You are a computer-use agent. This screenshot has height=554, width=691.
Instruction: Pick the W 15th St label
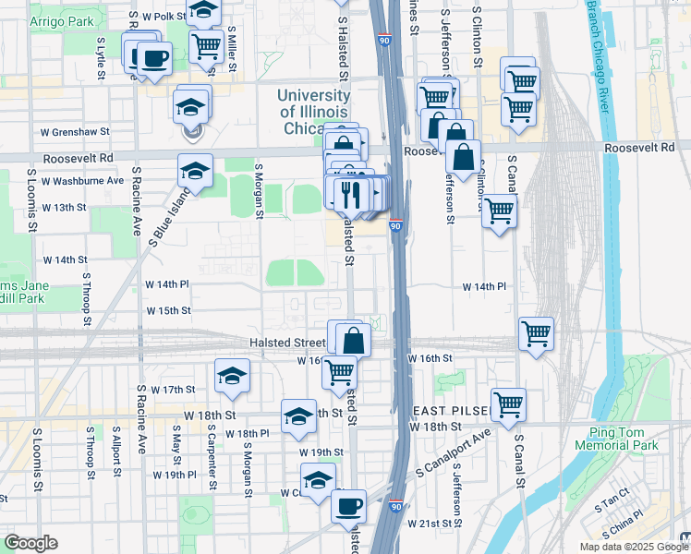167,310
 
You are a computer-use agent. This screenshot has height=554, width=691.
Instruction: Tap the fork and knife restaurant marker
350,194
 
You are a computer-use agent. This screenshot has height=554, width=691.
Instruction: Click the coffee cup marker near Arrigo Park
154,58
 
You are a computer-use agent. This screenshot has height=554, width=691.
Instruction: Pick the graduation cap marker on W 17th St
233,375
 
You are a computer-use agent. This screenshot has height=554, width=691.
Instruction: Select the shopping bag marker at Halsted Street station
352,339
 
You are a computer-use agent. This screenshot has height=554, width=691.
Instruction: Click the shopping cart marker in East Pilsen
508,403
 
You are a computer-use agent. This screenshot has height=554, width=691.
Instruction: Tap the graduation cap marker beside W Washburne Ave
196,171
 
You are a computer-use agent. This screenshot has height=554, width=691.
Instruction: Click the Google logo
30,543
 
